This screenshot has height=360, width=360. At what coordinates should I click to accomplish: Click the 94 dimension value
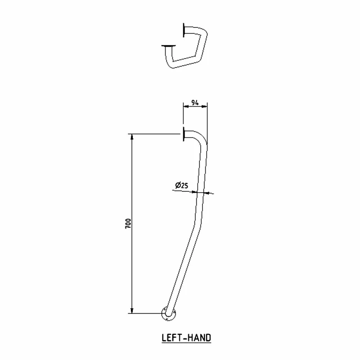pyautogui.click(x=195, y=102)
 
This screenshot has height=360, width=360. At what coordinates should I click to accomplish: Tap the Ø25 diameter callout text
pyautogui.click(x=181, y=185)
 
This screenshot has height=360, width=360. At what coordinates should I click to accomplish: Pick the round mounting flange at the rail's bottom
pyautogui.click(x=168, y=314)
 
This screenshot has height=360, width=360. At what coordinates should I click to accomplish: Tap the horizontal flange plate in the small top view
pyautogui.click(x=167, y=45)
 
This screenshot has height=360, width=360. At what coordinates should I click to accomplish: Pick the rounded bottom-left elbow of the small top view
pyautogui.click(x=171, y=65)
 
